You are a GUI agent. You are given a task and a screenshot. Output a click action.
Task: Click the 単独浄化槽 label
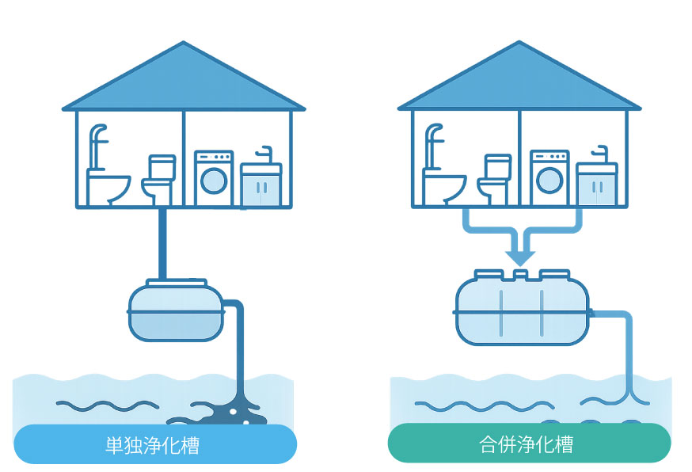tap(155, 444)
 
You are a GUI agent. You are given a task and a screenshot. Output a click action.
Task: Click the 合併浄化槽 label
tap(528, 444)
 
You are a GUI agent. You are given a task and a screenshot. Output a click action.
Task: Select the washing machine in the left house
tap(214, 179)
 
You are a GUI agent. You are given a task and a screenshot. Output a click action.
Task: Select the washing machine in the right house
tap(549, 179)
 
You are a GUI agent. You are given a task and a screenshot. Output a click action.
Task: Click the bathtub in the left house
tap(108, 188)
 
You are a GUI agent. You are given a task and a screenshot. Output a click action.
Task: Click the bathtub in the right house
tap(444, 188)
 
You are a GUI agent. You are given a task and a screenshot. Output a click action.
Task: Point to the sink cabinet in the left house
tap(260, 187)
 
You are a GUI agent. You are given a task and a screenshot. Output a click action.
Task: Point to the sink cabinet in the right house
tap(596, 187)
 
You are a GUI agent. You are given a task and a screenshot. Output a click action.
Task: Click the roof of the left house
tap(184, 83)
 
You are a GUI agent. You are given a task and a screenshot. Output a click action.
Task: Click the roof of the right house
tap(519, 83)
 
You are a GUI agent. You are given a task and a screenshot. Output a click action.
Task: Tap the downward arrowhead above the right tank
tap(520, 257)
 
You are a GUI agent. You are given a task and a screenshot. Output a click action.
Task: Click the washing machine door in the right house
tap(549, 181)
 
